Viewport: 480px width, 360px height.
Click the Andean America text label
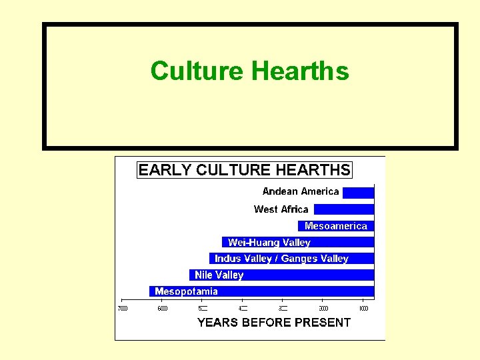pos(301,191)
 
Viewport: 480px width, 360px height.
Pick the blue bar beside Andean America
pos(358,193)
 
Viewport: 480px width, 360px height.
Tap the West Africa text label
pos(281,209)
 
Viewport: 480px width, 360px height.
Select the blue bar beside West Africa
pos(343,209)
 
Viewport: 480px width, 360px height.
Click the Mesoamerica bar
pos(336,226)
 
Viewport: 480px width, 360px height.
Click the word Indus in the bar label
pos(228,259)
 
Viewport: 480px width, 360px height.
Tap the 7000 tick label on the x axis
pos(123,309)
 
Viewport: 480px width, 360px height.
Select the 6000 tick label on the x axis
pos(163,309)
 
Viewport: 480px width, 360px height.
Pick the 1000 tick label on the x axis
pos(363,309)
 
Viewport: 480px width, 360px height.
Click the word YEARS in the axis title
pos(217,323)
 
